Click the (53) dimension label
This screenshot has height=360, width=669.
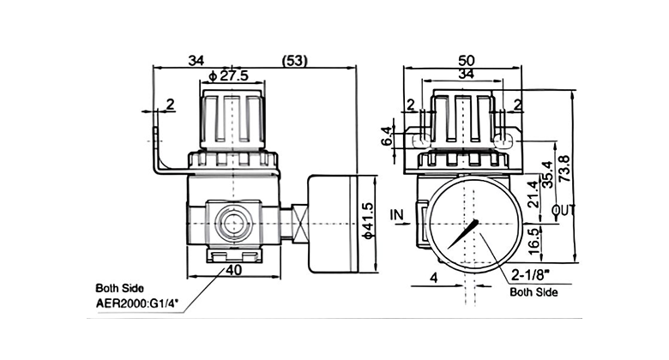point(295,61)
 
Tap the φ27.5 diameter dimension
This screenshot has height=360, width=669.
point(229,76)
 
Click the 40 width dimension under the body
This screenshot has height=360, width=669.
point(234,270)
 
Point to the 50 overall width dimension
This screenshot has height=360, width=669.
point(466,61)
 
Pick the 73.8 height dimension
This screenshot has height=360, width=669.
point(564,169)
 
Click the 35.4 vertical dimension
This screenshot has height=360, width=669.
point(547,174)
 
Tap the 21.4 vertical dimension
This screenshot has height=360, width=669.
point(533,194)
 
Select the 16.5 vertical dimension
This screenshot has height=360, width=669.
point(534,241)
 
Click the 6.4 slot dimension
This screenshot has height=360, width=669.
point(387,136)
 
